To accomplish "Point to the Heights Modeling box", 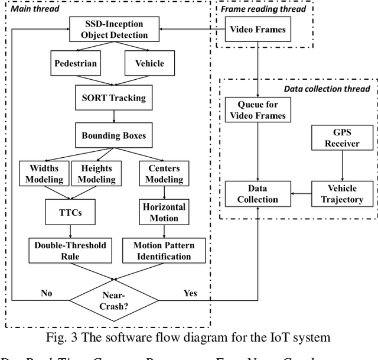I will coord(96,173).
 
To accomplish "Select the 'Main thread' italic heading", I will coord(34,9).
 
